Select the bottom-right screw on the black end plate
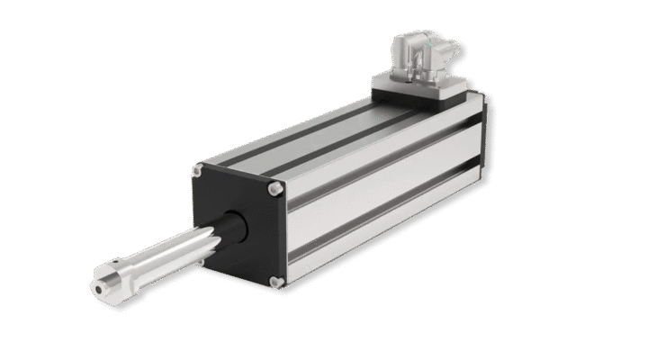point(277,281)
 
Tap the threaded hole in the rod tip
point(97,289)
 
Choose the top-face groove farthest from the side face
point(297,135)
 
